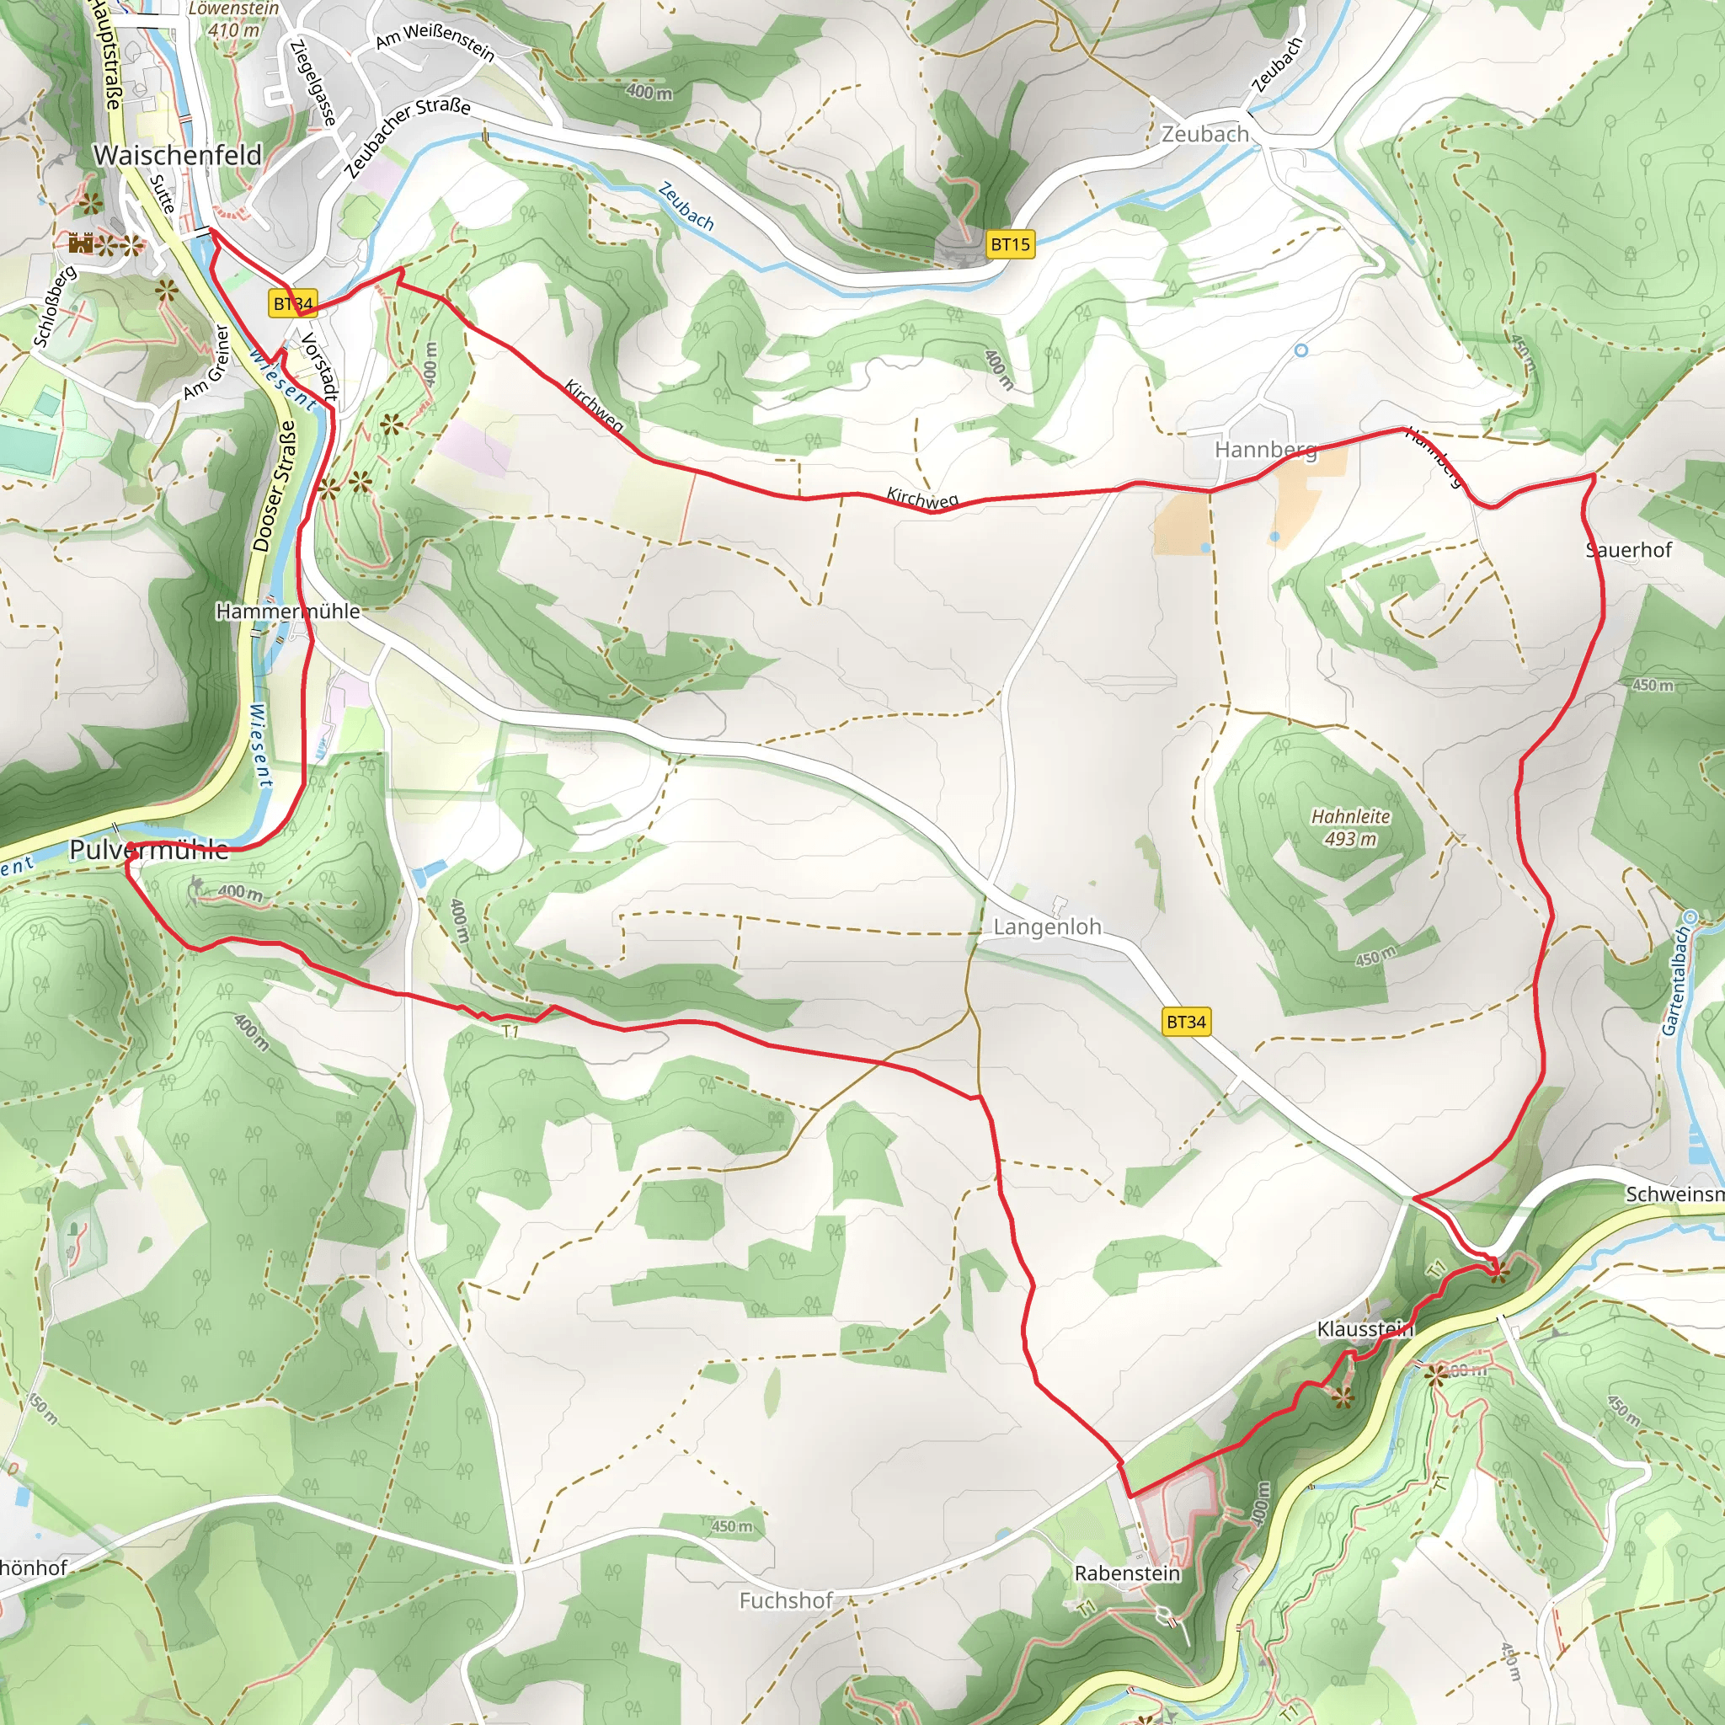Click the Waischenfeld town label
(178, 154)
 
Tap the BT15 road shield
(1010, 243)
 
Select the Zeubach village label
(1204, 134)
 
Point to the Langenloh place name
(1047, 927)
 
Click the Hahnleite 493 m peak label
(1350, 827)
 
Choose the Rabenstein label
(1127, 1573)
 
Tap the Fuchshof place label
(786, 1600)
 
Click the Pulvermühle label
(149, 849)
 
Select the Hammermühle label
(287, 611)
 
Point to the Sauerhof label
(1629, 550)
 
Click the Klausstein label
(1365, 1329)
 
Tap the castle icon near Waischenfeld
(80, 243)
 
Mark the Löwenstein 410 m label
(234, 19)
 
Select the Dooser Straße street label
(274, 485)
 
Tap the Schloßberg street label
(55, 306)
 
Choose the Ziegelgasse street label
(312, 83)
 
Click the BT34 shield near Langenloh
(1186, 1022)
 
